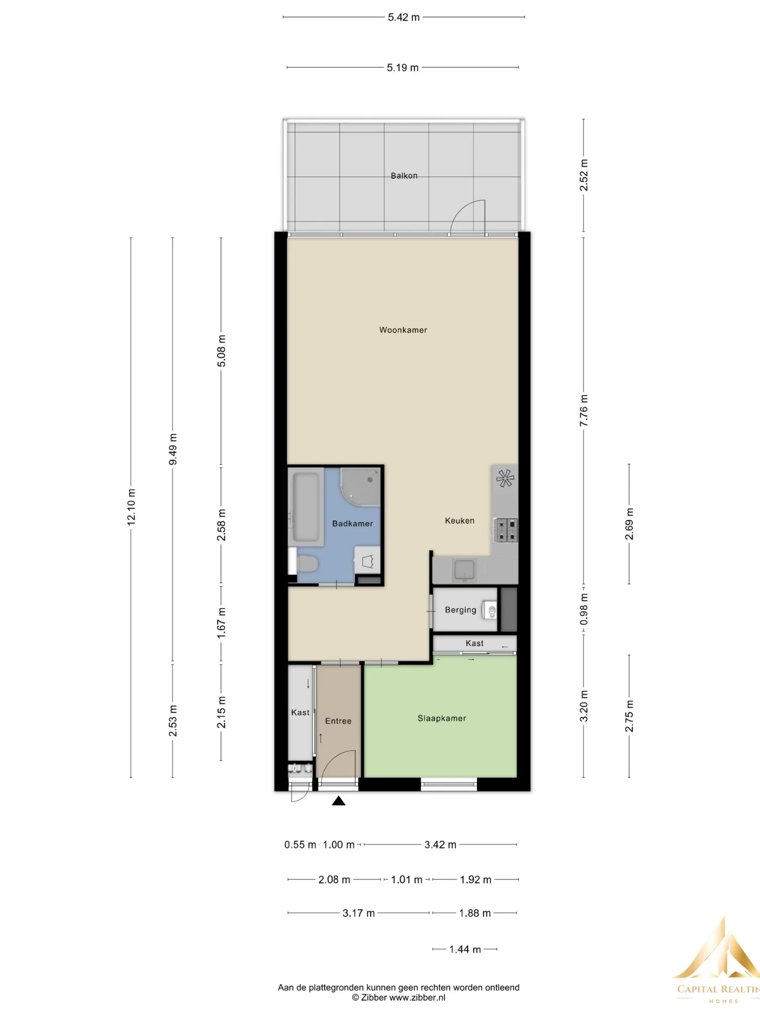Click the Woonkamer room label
[403, 330]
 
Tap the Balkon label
[404, 175]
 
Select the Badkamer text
[352, 524]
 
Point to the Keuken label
[460, 521]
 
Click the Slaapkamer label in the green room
[442, 719]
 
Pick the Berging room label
[460, 610]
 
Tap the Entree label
[338, 721]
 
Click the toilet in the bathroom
[304, 564]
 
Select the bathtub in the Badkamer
[306, 507]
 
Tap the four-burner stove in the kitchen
[505, 530]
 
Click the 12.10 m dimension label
[131, 507]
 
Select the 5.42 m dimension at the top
[404, 17]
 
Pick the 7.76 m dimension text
[583, 410]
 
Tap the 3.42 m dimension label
[440, 845]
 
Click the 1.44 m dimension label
[465, 949]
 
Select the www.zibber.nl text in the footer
[417, 997]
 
